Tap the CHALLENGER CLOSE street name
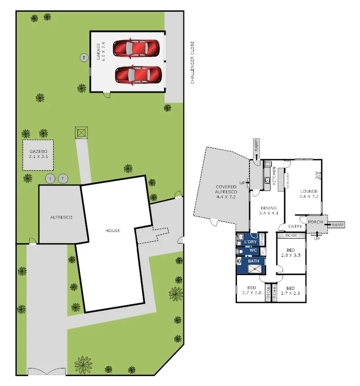192,62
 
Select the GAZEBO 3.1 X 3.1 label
38,154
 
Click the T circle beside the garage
84,57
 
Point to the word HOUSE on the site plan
113,231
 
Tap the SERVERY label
288,180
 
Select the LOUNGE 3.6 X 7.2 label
309,194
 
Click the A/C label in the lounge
317,175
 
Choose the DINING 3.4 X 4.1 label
269,211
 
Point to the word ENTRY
295,226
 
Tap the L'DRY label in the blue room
251,241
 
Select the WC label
253,250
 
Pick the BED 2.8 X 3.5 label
290,252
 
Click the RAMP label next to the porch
338,224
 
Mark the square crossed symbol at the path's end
81,132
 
